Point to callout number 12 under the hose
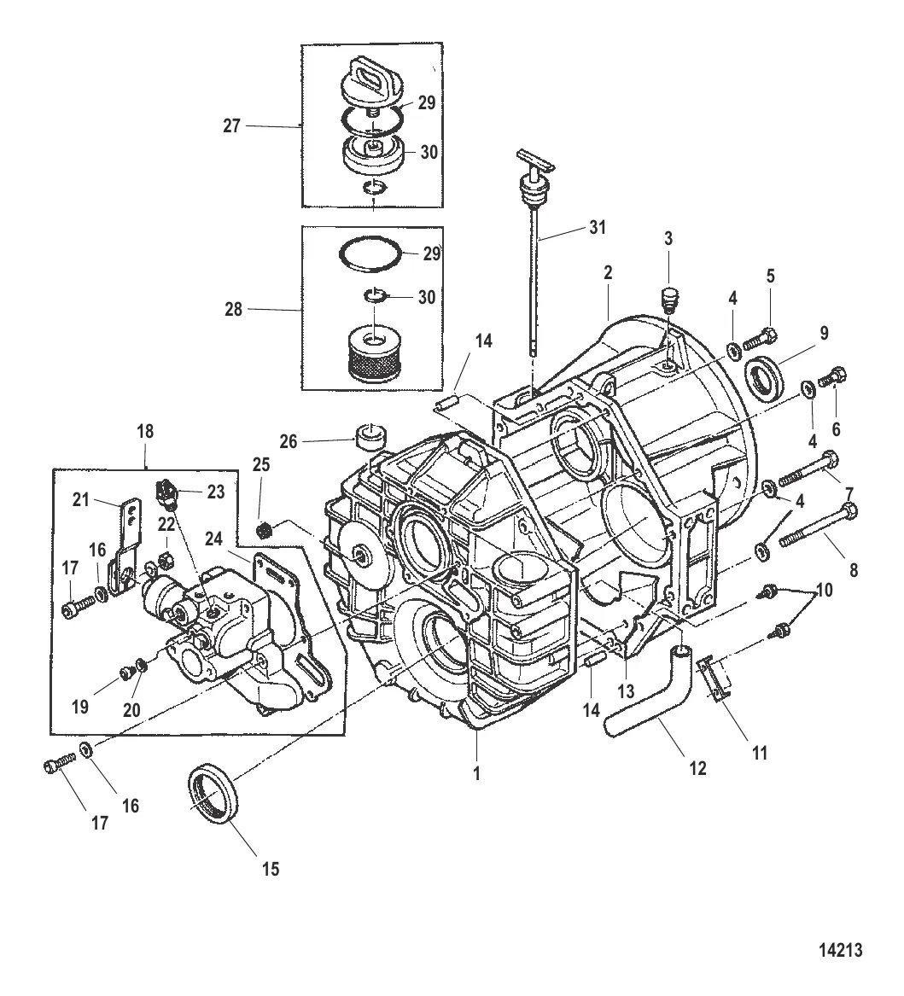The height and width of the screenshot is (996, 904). (x=697, y=767)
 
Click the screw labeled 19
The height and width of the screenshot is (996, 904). (x=127, y=673)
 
